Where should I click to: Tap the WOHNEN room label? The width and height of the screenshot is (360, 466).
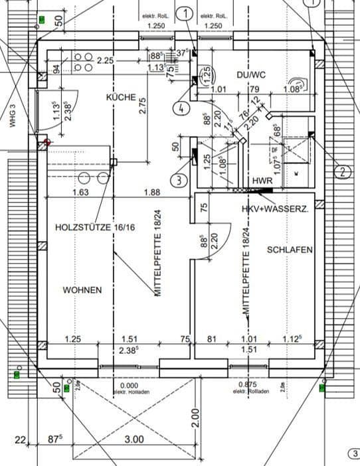(x=82, y=290)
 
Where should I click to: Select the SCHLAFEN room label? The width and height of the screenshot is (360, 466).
(x=289, y=250)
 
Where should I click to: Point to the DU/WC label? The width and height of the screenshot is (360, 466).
(x=250, y=75)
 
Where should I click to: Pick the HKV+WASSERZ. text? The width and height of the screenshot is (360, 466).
(x=274, y=208)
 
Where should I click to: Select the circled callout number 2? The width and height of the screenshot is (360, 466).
(x=343, y=173)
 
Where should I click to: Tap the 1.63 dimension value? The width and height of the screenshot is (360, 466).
(x=80, y=193)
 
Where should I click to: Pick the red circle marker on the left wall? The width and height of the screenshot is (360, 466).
(x=46, y=142)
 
